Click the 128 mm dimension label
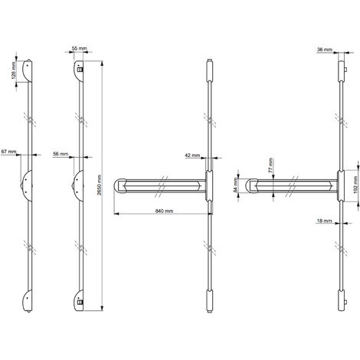(14, 70)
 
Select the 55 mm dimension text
(79, 48)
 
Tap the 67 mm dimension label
(8, 152)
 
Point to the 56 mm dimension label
(61, 154)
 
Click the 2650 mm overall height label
(100, 185)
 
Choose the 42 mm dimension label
(192, 155)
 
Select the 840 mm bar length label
(164, 211)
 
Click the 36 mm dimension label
(325, 50)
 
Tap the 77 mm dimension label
(271, 165)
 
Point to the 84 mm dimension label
(236, 185)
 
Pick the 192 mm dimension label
(357, 185)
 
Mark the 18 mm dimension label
(324, 221)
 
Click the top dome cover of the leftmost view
(28, 70)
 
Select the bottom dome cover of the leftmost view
(28, 301)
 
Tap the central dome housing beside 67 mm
(27, 186)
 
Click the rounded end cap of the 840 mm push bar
(119, 185)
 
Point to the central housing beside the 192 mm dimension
(341, 185)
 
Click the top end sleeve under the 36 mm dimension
(341, 70)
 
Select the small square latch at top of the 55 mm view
(80, 70)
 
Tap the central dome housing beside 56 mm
(78, 186)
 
